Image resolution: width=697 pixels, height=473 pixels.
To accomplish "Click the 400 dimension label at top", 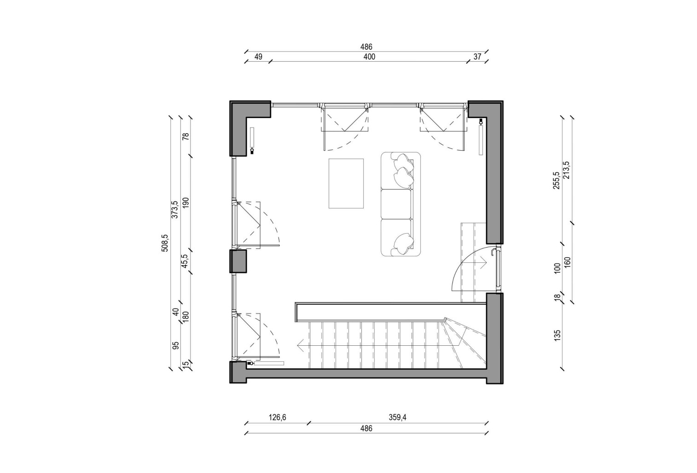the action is [x=369, y=57].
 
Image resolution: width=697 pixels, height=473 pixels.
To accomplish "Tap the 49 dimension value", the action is [x=258, y=57].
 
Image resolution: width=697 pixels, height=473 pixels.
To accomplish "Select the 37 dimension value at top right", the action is [x=477, y=57].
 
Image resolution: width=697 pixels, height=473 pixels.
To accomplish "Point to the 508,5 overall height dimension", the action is [x=165, y=243].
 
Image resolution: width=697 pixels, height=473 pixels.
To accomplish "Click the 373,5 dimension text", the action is [x=175, y=209].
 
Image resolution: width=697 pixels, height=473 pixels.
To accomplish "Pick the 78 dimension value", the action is [x=186, y=136].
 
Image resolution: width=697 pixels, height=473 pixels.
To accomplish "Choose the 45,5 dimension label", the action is [x=185, y=261].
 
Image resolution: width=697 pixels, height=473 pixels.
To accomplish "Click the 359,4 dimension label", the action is [x=397, y=417].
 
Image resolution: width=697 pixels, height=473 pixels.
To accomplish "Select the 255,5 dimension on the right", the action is [x=557, y=180].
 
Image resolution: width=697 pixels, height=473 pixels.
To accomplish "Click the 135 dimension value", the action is [x=557, y=335].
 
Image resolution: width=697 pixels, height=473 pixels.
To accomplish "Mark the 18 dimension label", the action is [x=557, y=298].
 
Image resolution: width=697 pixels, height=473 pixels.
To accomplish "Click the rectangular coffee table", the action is [x=346, y=183].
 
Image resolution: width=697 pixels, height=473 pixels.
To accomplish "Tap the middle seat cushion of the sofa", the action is [x=396, y=204].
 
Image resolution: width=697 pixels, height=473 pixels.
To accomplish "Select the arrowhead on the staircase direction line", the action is [x=300, y=346].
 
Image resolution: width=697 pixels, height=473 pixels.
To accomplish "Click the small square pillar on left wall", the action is [x=238, y=261].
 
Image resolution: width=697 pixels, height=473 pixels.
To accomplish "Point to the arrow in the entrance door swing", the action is [x=474, y=263].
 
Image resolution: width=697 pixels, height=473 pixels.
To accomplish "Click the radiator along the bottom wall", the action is [x=268, y=363].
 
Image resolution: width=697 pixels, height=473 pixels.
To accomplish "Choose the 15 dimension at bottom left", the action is [x=186, y=364].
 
